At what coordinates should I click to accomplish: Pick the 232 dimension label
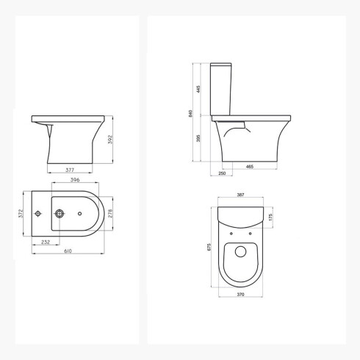click(46, 241)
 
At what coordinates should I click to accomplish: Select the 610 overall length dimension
click(68, 251)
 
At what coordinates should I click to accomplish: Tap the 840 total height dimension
click(190, 114)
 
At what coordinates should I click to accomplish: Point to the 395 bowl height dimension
click(198, 139)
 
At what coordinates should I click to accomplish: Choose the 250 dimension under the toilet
click(221, 173)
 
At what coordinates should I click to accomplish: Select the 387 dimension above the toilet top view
click(240, 195)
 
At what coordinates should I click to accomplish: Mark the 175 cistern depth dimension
click(270, 217)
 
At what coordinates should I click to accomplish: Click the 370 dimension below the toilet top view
click(240, 294)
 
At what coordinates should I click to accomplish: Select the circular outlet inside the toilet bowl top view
click(240, 253)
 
